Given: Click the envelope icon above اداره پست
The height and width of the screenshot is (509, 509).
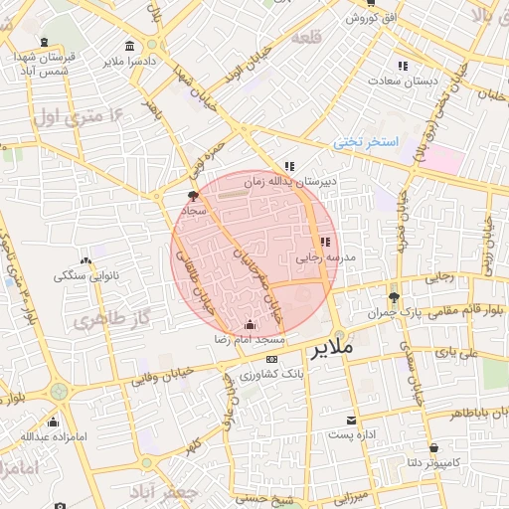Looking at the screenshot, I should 350,421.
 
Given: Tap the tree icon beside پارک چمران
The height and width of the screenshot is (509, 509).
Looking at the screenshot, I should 394,297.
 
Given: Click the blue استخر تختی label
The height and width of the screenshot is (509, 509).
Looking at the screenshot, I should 365,143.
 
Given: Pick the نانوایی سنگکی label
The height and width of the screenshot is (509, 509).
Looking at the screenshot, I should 85,275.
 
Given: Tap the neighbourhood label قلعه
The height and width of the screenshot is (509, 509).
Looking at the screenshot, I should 307,37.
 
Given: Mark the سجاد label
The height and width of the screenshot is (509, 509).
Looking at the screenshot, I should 193,210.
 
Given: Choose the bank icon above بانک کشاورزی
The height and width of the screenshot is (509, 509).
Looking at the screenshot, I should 272,359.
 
